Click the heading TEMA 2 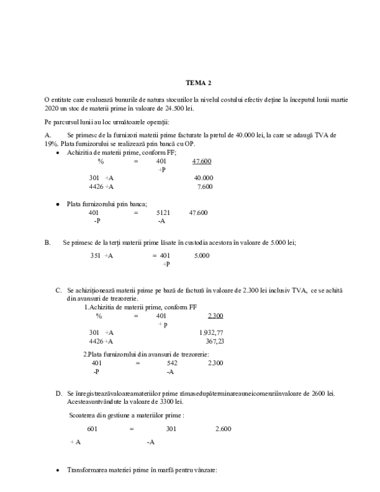point(198,83)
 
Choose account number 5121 point(163,212)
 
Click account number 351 point(95,256)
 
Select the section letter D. point(58,394)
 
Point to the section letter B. point(46,242)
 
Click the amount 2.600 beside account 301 point(223,429)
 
